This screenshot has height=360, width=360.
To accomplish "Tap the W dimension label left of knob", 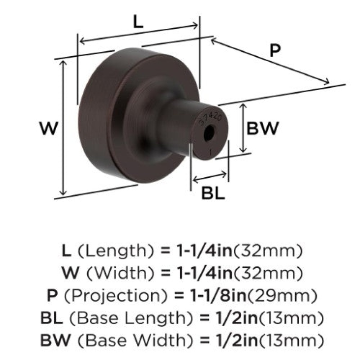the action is pyautogui.click(x=49, y=128).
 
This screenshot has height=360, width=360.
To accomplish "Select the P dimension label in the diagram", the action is pyautogui.click(x=275, y=51).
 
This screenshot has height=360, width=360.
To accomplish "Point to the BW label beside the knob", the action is pyautogui.click(x=262, y=128).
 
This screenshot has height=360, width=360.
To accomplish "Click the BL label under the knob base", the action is pyautogui.click(x=213, y=193).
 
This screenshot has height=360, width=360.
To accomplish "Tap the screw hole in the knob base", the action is pyautogui.click(x=209, y=133).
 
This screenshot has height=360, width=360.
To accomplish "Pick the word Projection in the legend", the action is pyautogui.click(x=116, y=296).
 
